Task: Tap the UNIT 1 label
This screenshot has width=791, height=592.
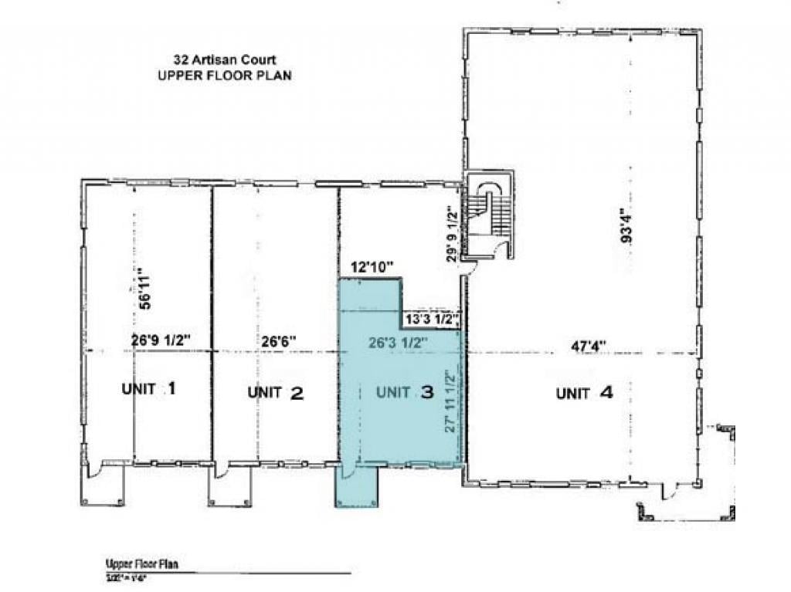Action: pyautogui.click(x=149, y=388)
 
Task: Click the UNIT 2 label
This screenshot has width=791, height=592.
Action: pyautogui.click(x=276, y=392)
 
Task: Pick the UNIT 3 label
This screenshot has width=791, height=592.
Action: pyautogui.click(x=405, y=392)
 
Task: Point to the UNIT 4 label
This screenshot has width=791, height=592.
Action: pyautogui.click(x=585, y=393)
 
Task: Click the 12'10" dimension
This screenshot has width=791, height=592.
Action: pyautogui.click(x=372, y=267)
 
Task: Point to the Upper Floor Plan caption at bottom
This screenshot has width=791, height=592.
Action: pyautogui.click(x=141, y=564)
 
